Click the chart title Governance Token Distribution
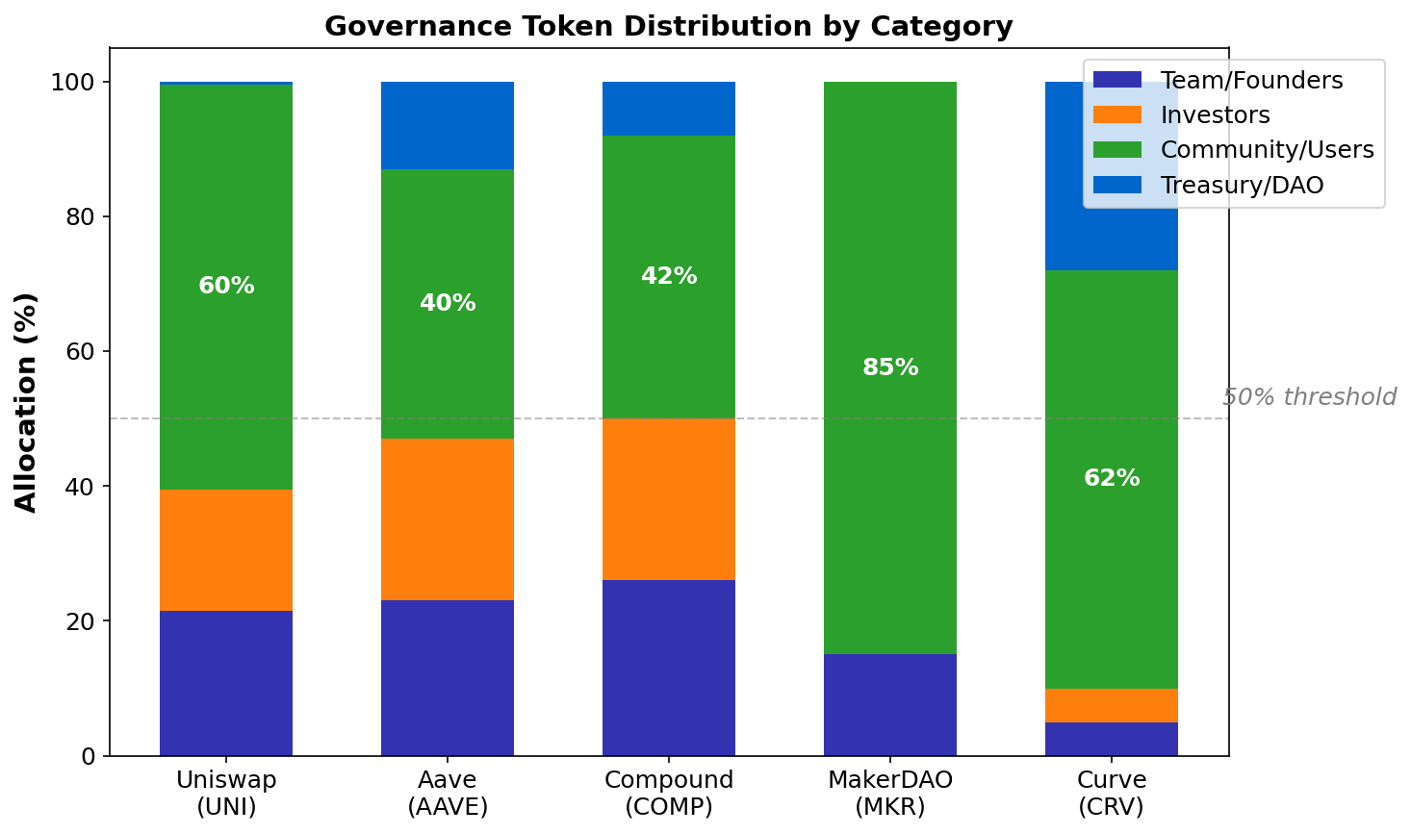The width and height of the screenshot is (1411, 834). (668, 26)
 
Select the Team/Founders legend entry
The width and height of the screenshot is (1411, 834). (1251, 81)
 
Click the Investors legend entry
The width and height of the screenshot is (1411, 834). (1215, 115)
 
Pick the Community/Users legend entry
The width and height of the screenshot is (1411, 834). (1267, 150)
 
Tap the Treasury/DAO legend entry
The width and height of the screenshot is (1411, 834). (1242, 185)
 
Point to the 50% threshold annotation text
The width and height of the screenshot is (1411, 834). (1309, 397)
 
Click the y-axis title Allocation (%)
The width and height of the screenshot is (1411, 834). (26, 402)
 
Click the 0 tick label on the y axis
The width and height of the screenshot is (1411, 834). (88, 756)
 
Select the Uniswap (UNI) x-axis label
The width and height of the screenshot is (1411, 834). (226, 793)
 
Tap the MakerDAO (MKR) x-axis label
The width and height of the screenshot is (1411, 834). (890, 793)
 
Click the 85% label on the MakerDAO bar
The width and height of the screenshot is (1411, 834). (890, 367)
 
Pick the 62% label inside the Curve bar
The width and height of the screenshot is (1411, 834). (1112, 478)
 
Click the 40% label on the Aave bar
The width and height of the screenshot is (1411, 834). (448, 303)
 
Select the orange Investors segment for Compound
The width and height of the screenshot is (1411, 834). (669, 499)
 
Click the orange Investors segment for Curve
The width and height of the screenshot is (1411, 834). (1112, 705)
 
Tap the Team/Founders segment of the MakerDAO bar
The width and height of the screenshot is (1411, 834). (890, 705)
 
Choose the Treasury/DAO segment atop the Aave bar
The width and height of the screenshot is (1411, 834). (448, 125)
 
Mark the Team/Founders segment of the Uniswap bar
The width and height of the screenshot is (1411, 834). (226, 683)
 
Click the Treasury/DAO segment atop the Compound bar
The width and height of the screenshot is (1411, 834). (669, 109)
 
